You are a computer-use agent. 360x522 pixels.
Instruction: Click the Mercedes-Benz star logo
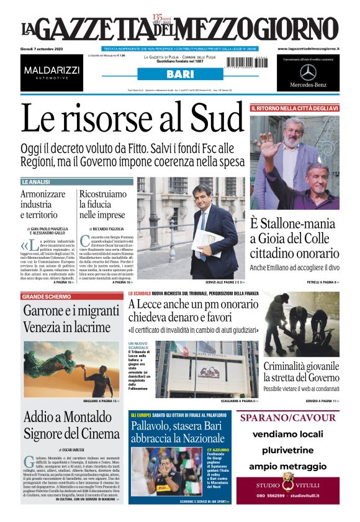(308, 72)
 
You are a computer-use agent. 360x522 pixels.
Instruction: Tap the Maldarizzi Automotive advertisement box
(52, 72)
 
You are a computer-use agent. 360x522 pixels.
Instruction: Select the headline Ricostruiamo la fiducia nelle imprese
(102, 204)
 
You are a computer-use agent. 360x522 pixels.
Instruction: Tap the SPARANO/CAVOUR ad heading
(287, 418)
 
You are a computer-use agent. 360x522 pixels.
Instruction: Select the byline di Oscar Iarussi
(73, 449)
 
